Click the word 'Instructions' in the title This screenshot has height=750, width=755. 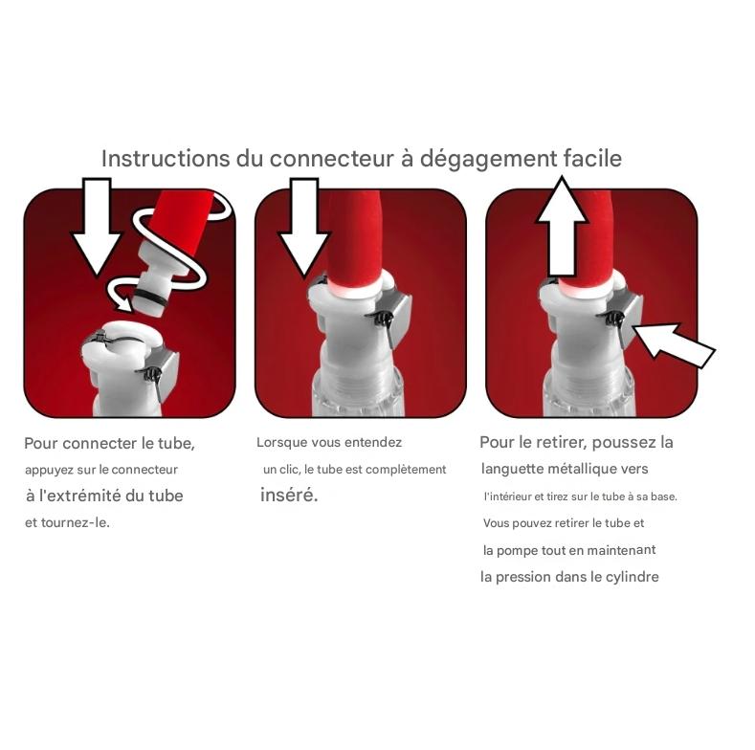tap(166, 159)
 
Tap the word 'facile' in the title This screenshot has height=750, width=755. tap(592, 159)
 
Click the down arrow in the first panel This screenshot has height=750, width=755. tap(97, 227)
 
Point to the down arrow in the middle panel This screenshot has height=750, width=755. tap(304, 228)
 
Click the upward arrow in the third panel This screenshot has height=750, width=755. tap(562, 227)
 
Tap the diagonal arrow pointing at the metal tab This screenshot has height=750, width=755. tap(673, 344)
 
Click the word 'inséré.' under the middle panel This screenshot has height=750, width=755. tap(289, 496)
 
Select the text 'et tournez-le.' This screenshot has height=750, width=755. tap(67, 522)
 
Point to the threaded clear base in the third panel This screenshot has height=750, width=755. tap(589, 389)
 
